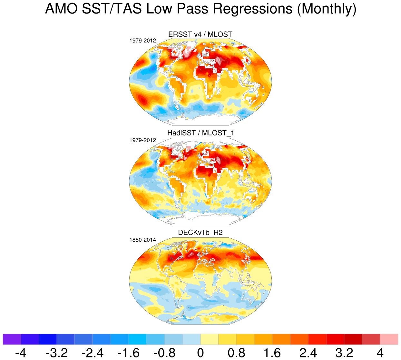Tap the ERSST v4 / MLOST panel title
(200, 34)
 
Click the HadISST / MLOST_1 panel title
(200, 133)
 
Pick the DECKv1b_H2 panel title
(200, 233)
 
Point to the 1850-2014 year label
(143, 240)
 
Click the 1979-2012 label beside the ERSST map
(143, 41)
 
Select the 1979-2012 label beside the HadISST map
(143, 140)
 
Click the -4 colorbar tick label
(21, 353)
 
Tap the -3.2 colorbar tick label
(57, 353)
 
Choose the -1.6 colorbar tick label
(129, 353)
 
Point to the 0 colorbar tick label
(200, 353)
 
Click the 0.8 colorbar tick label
(236, 353)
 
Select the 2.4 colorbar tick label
(308, 353)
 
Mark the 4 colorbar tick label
(380, 353)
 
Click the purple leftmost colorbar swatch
(12, 339)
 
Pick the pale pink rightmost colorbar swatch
(389, 339)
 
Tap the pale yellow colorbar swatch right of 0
(210, 339)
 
